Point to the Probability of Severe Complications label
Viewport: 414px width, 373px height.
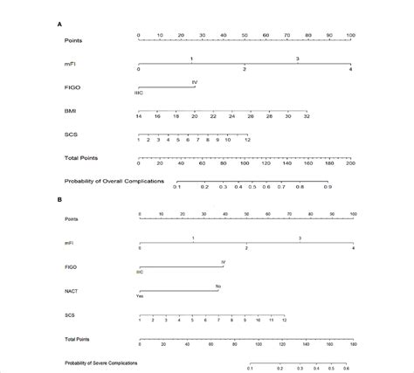[100, 362]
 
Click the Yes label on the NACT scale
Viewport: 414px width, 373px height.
[139, 296]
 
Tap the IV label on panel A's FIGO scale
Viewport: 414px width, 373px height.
[195, 81]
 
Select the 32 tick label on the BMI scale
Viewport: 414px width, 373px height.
[307, 116]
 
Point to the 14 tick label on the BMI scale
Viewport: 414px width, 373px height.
[139, 116]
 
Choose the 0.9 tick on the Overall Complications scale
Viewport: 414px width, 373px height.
[328, 187]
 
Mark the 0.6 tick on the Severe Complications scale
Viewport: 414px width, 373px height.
[351, 369]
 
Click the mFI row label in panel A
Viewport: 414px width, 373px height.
[69, 63]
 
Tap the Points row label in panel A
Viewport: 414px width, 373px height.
[73, 40]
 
